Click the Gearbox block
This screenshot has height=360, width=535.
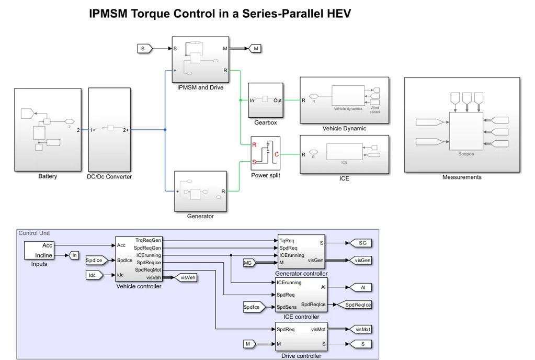[265, 100]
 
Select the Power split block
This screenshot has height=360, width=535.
[265, 153]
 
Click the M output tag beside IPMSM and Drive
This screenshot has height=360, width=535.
[255, 49]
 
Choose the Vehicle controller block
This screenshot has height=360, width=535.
[139, 259]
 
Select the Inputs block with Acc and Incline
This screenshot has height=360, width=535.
[39, 250]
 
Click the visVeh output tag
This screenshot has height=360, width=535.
[186, 278]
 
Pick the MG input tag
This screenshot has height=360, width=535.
[249, 263]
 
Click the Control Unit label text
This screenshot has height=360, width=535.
[34, 233]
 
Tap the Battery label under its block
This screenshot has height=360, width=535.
[48, 176]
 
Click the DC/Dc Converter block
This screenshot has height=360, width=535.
[109, 129]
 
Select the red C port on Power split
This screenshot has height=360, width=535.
[277, 154]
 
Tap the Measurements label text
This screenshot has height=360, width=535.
[461, 177]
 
